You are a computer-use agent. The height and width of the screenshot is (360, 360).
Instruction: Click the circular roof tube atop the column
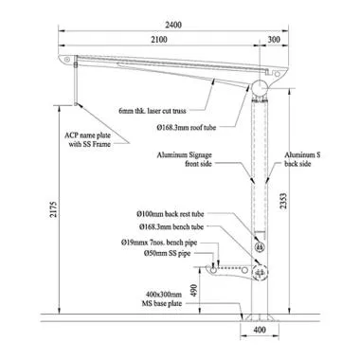pos(261,88)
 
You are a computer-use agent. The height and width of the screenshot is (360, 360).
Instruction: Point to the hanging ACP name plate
pos(75,86)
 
